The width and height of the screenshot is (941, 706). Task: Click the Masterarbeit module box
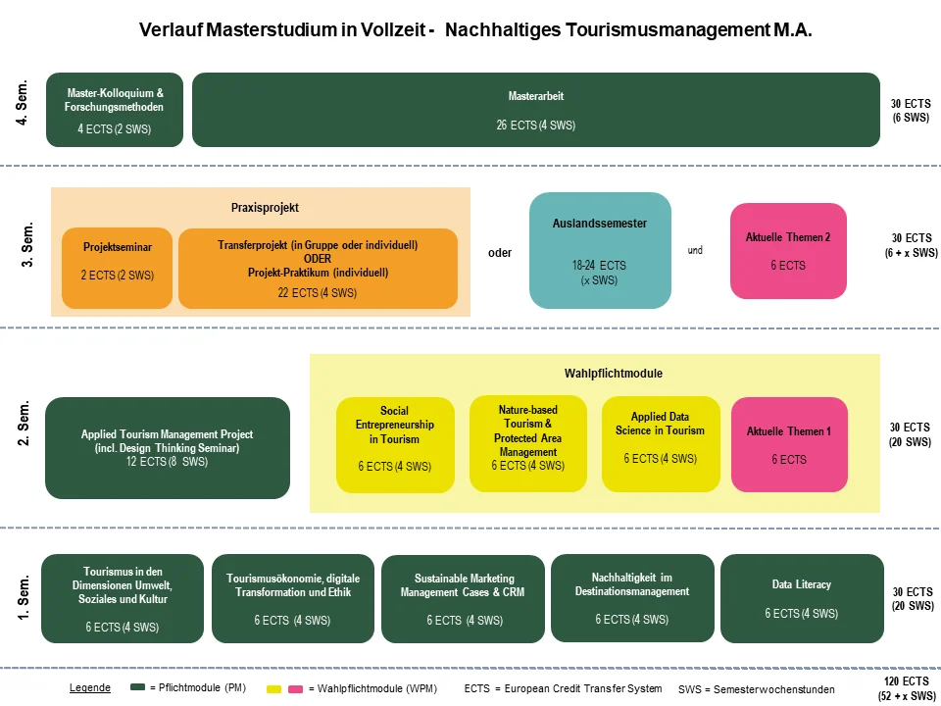pyautogui.click(x=535, y=110)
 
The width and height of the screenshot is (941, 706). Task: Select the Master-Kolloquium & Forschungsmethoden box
pyautogui.click(x=115, y=110)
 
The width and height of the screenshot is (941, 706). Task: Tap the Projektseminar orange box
pyautogui.click(x=117, y=268)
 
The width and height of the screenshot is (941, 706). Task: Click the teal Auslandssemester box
pyautogui.click(x=600, y=250)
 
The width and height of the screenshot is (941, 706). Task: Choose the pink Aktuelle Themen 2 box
pyautogui.click(x=788, y=251)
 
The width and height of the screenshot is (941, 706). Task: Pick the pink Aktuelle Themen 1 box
pyautogui.click(x=788, y=444)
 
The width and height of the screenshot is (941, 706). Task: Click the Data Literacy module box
pyautogui.click(x=801, y=598)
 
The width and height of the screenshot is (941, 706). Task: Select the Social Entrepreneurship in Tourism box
pyautogui.click(x=395, y=444)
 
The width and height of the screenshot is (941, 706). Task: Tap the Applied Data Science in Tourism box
pyautogui.click(x=660, y=444)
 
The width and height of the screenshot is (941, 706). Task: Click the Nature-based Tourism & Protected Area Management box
pyautogui.click(x=527, y=444)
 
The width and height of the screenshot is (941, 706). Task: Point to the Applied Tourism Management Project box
pyautogui.click(x=168, y=448)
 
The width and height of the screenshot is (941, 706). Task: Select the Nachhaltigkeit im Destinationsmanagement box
pyautogui.click(x=631, y=598)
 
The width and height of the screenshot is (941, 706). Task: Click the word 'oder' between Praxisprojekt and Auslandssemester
pyautogui.click(x=500, y=253)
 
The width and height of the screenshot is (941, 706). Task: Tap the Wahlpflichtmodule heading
pyautogui.click(x=600, y=374)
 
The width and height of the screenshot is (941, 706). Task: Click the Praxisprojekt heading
pyautogui.click(x=265, y=208)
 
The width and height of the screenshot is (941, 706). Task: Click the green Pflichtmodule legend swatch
pyautogui.click(x=138, y=688)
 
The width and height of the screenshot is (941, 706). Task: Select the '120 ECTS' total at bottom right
pyautogui.click(x=908, y=681)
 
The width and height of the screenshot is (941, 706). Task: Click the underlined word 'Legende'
pyautogui.click(x=90, y=688)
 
